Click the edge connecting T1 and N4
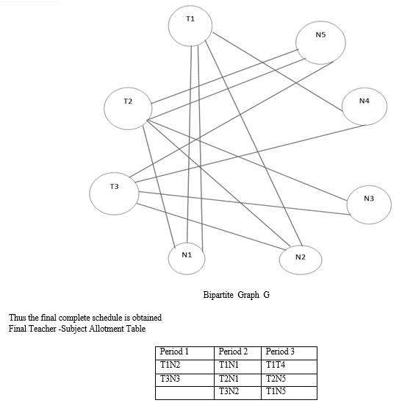point(278,71)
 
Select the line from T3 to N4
point(251,154)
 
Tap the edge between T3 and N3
point(245,203)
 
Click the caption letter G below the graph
point(266,294)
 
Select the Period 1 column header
point(174,352)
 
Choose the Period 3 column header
point(280,352)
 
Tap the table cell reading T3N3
point(170,379)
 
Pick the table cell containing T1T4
point(276,365)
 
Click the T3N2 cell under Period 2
point(229,391)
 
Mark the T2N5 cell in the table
point(276,379)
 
